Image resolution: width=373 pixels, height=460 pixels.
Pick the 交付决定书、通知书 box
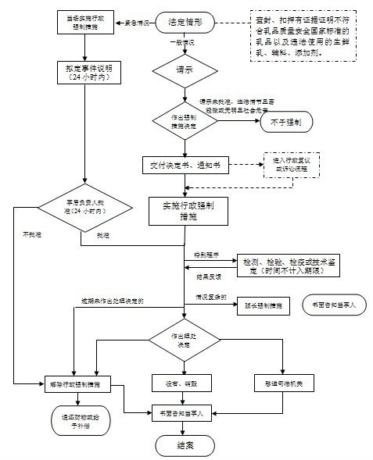185,165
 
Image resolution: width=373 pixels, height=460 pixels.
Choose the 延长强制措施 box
262,305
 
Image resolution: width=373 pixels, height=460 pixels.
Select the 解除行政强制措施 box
81,383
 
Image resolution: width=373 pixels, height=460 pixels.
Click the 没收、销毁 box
185,383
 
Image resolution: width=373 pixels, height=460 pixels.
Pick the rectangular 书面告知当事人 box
185,412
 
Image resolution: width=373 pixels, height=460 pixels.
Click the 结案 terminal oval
185,444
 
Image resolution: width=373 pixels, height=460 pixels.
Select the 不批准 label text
32,234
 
